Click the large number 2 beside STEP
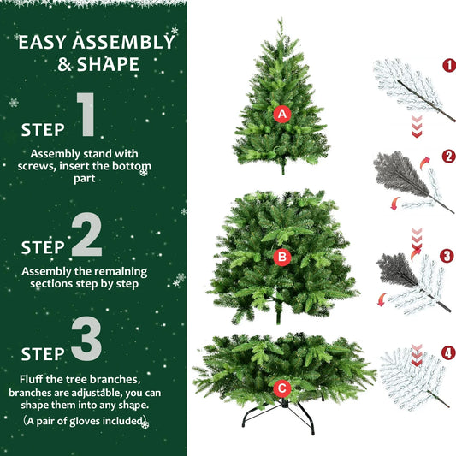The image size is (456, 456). (x=86, y=236)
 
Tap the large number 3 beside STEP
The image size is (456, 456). (x=86, y=341)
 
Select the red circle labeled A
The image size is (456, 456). (x=281, y=113)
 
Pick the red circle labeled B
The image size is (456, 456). (x=282, y=255)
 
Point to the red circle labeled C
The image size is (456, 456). (x=282, y=388)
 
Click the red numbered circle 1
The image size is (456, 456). (x=448, y=65)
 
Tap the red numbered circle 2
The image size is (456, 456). (x=448, y=157)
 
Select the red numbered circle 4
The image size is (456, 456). (x=448, y=351)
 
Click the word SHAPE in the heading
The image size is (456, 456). (x=108, y=64)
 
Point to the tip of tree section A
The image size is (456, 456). (x=280, y=21)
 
